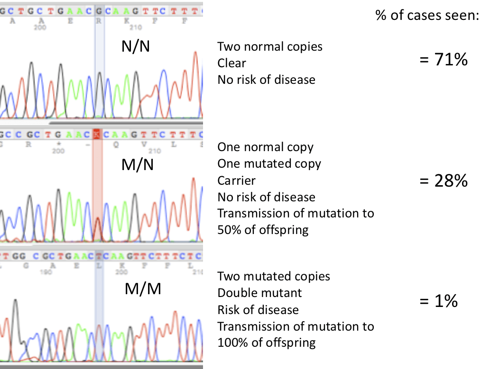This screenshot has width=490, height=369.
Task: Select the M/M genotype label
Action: (x=143, y=288)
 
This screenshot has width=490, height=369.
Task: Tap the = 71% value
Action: (x=444, y=60)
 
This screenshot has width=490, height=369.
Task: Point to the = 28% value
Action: (x=444, y=181)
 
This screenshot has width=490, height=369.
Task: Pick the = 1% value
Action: (x=439, y=301)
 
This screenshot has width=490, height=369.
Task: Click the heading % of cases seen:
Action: (x=427, y=16)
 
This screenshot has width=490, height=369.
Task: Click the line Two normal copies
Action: (x=270, y=47)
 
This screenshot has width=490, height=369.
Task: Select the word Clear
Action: (x=232, y=63)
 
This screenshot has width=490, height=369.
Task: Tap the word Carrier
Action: (x=237, y=180)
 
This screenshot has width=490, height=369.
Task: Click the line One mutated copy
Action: (x=269, y=164)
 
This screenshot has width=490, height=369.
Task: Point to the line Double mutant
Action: (x=259, y=293)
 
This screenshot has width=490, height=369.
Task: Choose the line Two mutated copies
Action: (x=274, y=276)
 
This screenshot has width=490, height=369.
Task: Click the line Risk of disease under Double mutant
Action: (x=258, y=310)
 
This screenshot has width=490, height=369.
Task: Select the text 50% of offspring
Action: (x=263, y=230)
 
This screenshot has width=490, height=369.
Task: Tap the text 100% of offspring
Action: (x=267, y=342)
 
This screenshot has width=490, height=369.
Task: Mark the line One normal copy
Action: (x=265, y=147)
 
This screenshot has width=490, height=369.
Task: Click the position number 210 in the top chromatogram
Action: (x=126, y=27)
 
